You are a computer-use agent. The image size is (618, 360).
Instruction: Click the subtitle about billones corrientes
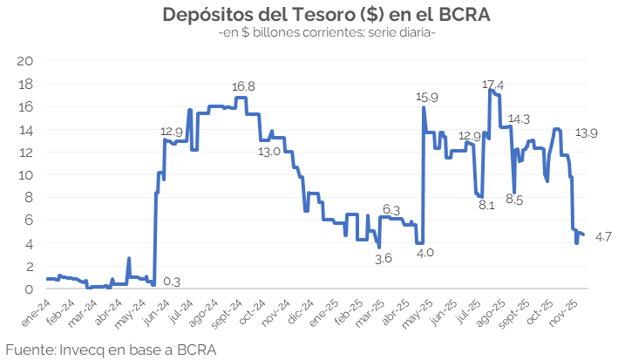point(327,33)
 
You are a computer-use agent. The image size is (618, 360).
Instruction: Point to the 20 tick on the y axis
point(26,61)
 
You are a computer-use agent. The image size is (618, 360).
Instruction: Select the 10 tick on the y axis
point(26,174)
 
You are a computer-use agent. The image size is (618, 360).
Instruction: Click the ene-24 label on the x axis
point(35,309)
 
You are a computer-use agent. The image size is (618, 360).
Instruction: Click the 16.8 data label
point(243,87)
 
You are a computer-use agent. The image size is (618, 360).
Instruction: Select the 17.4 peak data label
point(492,84)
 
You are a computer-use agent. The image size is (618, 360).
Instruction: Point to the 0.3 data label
point(172,282)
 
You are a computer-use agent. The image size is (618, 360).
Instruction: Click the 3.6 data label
point(384,258)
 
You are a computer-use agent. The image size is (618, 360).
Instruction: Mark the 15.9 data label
point(427,97)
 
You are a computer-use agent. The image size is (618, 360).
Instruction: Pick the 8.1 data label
point(486,206)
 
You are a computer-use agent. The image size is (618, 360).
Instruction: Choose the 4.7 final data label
point(603,237)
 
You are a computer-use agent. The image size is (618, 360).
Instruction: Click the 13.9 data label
point(586,132)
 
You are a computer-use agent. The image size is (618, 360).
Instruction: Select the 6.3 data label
point(391,210)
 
